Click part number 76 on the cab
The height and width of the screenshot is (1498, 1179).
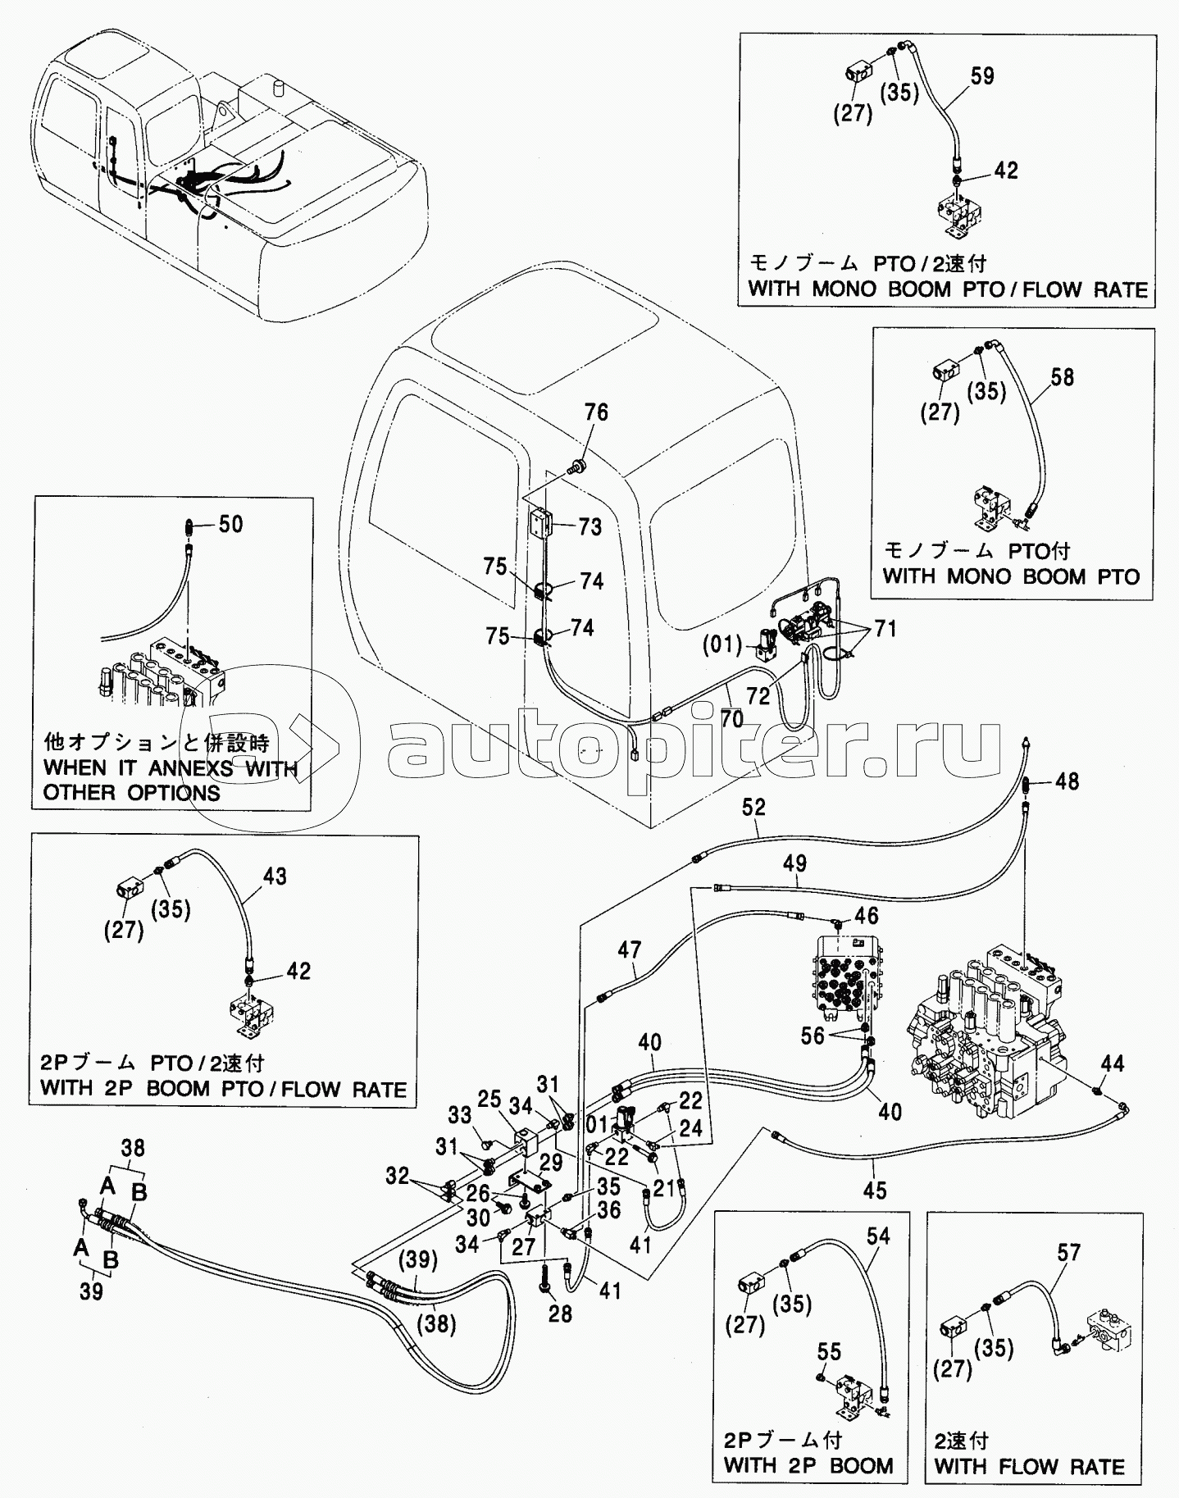point(596,412)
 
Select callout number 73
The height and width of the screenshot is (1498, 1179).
point(589,527)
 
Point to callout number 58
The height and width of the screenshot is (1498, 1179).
point(1062,377)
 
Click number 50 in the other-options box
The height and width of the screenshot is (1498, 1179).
point(231,524)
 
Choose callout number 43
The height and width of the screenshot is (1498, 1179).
point(275,876)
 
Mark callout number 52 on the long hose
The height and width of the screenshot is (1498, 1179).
point(753,807)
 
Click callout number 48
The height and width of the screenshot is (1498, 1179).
point(1067,781)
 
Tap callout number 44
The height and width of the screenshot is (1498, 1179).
point(1113,1064)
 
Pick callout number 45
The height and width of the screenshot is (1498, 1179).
point(875,1190)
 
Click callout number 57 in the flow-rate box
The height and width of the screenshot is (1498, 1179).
point(1068,1252)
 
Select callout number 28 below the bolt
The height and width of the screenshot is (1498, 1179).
point(562,1314)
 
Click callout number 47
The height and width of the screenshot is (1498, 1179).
point(629,949)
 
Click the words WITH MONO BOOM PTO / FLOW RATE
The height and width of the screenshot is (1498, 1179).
point(948,289)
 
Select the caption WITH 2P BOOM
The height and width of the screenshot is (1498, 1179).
point(808,1466)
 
